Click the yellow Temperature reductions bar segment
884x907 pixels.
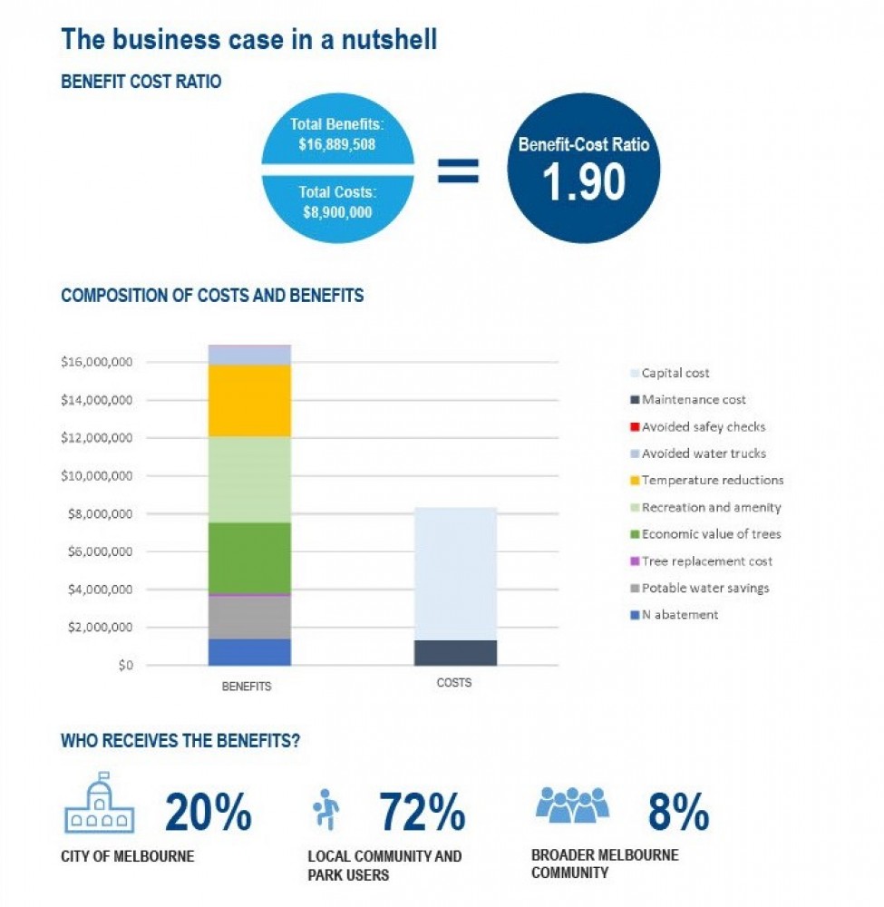coord(249,400)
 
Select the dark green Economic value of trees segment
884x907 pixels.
coord(249,558)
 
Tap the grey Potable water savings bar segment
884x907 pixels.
coord(249,617)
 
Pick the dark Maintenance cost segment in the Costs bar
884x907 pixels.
coord(455,652)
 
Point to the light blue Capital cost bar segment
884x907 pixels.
coord(455,574)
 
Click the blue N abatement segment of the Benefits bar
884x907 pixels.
coord(249,652)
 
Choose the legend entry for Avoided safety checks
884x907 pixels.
coord(698,427)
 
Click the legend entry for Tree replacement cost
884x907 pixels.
coord(701,561)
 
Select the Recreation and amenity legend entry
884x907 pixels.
coord(705,507)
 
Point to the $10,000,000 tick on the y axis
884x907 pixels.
coord(96,476)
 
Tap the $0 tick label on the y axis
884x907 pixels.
coord(125,665)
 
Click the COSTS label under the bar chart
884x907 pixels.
coord(454,683)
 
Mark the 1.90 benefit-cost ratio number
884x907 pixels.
coord(584,181)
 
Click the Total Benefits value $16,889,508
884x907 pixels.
coord(337,144)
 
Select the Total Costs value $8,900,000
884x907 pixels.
coord(337,212)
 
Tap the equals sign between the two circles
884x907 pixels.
coord(458,171)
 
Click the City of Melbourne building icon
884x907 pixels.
coord(100,802)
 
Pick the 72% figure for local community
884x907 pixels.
coord(423,812)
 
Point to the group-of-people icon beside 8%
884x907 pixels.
coord(572,805)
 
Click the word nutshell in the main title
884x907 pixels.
coord(389,39)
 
